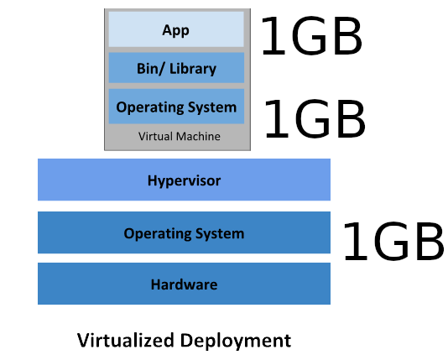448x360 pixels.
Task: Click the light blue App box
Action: (176, 29)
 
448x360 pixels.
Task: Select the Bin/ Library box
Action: (176, 68)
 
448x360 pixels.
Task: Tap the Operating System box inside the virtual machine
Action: (176, 107)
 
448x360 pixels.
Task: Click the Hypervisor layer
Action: (184, 180)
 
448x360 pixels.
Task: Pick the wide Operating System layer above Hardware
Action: (184, 232)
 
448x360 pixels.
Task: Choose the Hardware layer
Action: (184, 284)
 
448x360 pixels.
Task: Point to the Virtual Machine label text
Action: (180, 136)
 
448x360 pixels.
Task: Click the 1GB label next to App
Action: (312, 35)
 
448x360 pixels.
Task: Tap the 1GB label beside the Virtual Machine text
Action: (315, 118)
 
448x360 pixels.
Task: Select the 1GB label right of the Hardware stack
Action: (393, 242)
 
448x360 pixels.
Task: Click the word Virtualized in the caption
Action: (126, 340)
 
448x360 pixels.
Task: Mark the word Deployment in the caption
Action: (236, 341)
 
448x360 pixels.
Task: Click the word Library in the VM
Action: (193, 69)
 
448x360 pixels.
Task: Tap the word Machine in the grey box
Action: (198, 136)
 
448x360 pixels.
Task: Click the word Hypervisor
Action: (184, 181)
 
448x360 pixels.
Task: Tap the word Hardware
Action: (184, 284)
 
